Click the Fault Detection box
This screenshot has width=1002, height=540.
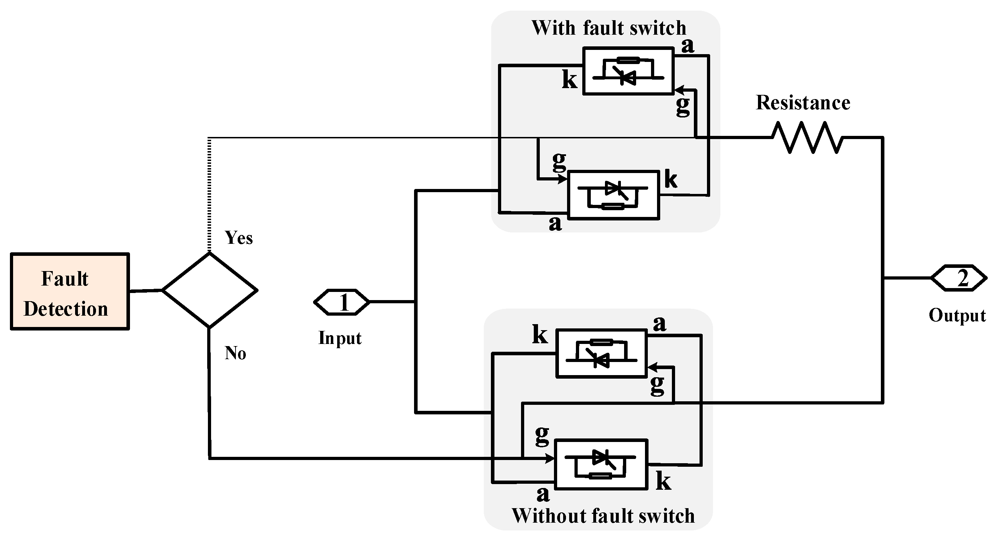tap(70, 292)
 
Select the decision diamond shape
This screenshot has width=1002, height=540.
tap(210, 290)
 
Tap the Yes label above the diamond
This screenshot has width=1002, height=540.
tap(239, 238)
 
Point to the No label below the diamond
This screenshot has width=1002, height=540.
tap(235, 354)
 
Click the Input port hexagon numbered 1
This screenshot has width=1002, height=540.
tap(341, 302)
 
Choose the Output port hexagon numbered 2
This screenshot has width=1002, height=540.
tap(958, 278)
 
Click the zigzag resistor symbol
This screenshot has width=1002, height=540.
tap(808, 137)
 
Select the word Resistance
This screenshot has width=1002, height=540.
tap(803, 103)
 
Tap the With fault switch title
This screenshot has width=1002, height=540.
tap(609, 28)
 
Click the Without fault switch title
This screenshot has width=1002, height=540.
tap(603, 516)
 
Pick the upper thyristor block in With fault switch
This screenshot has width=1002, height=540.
tap(628, 71)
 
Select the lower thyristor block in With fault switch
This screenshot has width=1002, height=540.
tap(614, 195)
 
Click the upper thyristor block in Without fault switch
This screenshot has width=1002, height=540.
tap(601, 353)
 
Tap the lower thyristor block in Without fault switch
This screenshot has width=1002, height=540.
tap(601, 464)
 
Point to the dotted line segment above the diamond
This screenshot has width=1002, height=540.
tap(209, 194)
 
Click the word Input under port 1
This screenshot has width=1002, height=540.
tap(340, 338)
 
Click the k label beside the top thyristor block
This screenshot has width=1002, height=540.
tap(570, 80)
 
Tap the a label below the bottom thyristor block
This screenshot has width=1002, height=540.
tap(543, 494)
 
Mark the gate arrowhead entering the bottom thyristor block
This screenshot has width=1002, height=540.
tap(550, 459)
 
